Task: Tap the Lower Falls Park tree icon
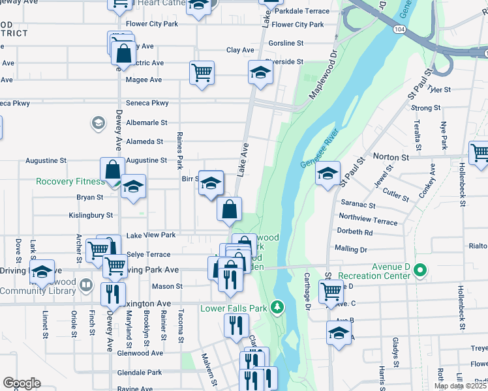[x=278, y=306]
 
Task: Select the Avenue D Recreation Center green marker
[x=420, y=268]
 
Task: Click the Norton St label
[x=390, y=157]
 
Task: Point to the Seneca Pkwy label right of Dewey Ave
[x=151, y=103]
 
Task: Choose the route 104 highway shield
[x=398, y=31]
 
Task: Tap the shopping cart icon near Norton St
[x=480, y=153]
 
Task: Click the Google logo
[x=22, y=383]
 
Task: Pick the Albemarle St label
[x=147, y=123]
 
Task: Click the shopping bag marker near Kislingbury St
[x=230, y=209]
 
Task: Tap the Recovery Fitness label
[x=70, y=182]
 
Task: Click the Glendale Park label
[x=140, y=373]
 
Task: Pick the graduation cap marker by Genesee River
[x=328, y=173]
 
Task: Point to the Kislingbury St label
[x=91, y=214]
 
